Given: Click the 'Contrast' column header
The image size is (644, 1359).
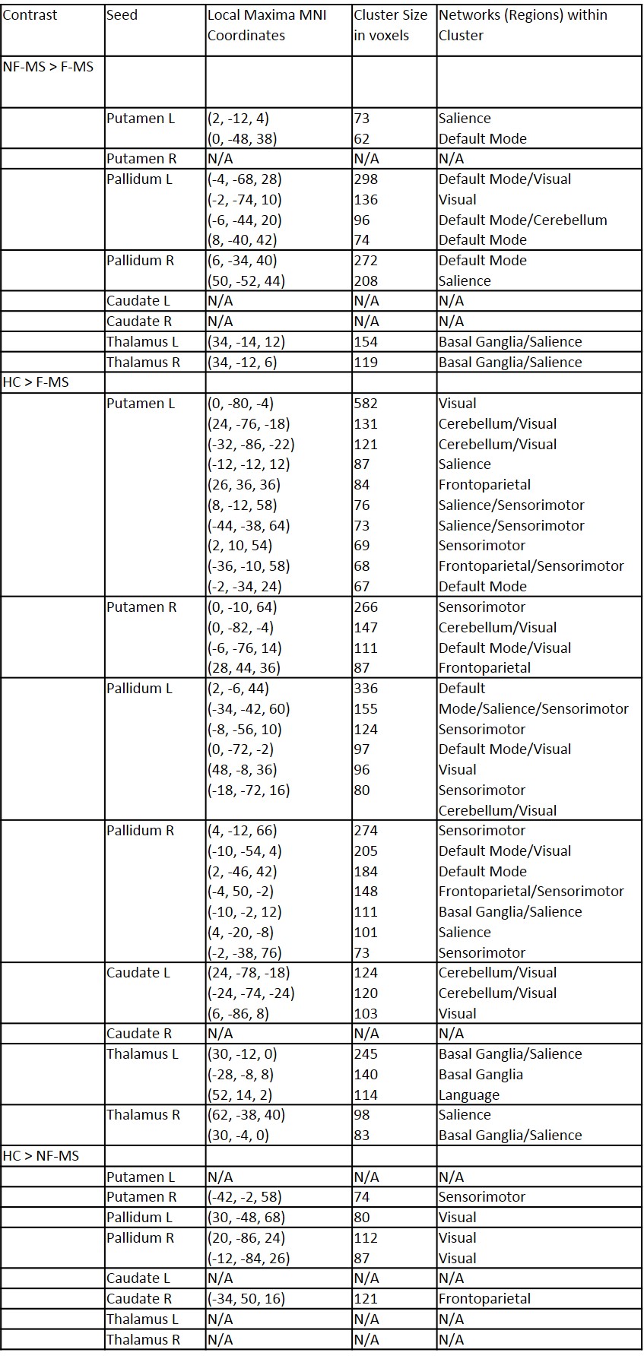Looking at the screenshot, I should pos(30,15).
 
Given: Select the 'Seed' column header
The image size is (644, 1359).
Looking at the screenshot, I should pos(122,15).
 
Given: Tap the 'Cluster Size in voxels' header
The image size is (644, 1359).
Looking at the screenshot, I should pos(391,25).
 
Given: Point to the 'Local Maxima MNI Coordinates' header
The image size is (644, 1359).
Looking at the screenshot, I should pos(266,25).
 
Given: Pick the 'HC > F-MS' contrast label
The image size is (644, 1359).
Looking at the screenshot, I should pos(36,382).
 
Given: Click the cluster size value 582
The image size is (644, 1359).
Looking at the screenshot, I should pos(366,404).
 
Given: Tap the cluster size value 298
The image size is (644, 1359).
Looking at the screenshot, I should pos(366,179).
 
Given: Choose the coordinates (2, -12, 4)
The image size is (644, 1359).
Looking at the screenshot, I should pos(238,119).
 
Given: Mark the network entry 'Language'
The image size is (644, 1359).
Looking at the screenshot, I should pos(469,1095).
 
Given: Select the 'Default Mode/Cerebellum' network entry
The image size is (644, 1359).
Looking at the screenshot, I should pos(522,220).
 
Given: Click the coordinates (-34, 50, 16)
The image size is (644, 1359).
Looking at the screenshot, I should pos(246,1299).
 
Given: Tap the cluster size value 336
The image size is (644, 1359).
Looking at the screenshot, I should pos(366,689).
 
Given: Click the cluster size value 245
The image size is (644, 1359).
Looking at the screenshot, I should pos(366,1054).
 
